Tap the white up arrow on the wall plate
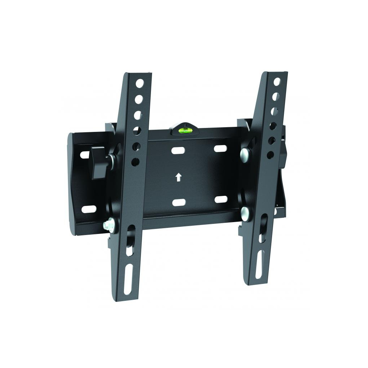pyautogui.click(x=178, y=177)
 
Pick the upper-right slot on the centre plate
pyautogui.click(x=220, y=148)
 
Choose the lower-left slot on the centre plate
pyautogui.click(x=179, y=202)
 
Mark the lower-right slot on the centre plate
pyautogui.click(x=221, y=199)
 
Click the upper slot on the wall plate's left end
pyautogui.click(x=85, y=155)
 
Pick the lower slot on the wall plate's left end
pyautogui.click(x=88, y=209)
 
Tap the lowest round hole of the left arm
pyautogui.click(x=135, y=161)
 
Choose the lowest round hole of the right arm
pyautogui.click(x=271, y=155)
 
